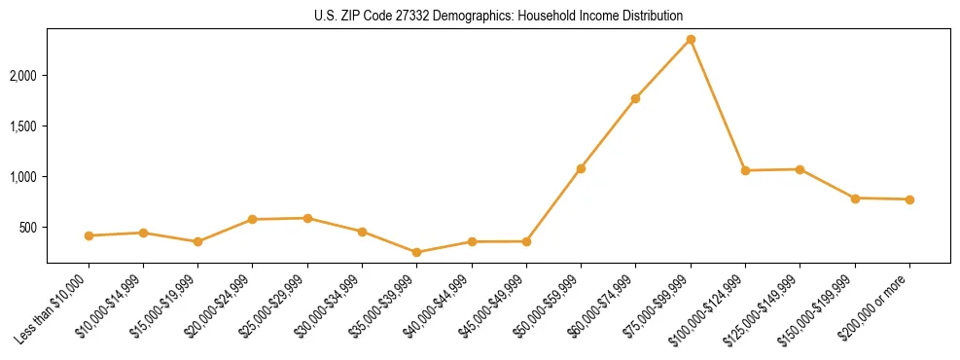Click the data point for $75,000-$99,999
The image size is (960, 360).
[x=691, y=39]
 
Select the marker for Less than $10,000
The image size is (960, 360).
[x=89, y=235]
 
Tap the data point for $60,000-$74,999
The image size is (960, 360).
[x=635, y=98]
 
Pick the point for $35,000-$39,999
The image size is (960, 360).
[x=417, y=252]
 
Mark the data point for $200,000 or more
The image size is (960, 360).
[x=909, y=199]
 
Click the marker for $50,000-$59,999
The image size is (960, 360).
[x=581, y=168]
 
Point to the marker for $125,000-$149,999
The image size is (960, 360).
[x=800, y=169]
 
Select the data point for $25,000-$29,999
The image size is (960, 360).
[x=307, y=218]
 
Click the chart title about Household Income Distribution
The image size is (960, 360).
[x=498, y=16]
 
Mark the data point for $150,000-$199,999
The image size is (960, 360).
[x=855, y=198]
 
